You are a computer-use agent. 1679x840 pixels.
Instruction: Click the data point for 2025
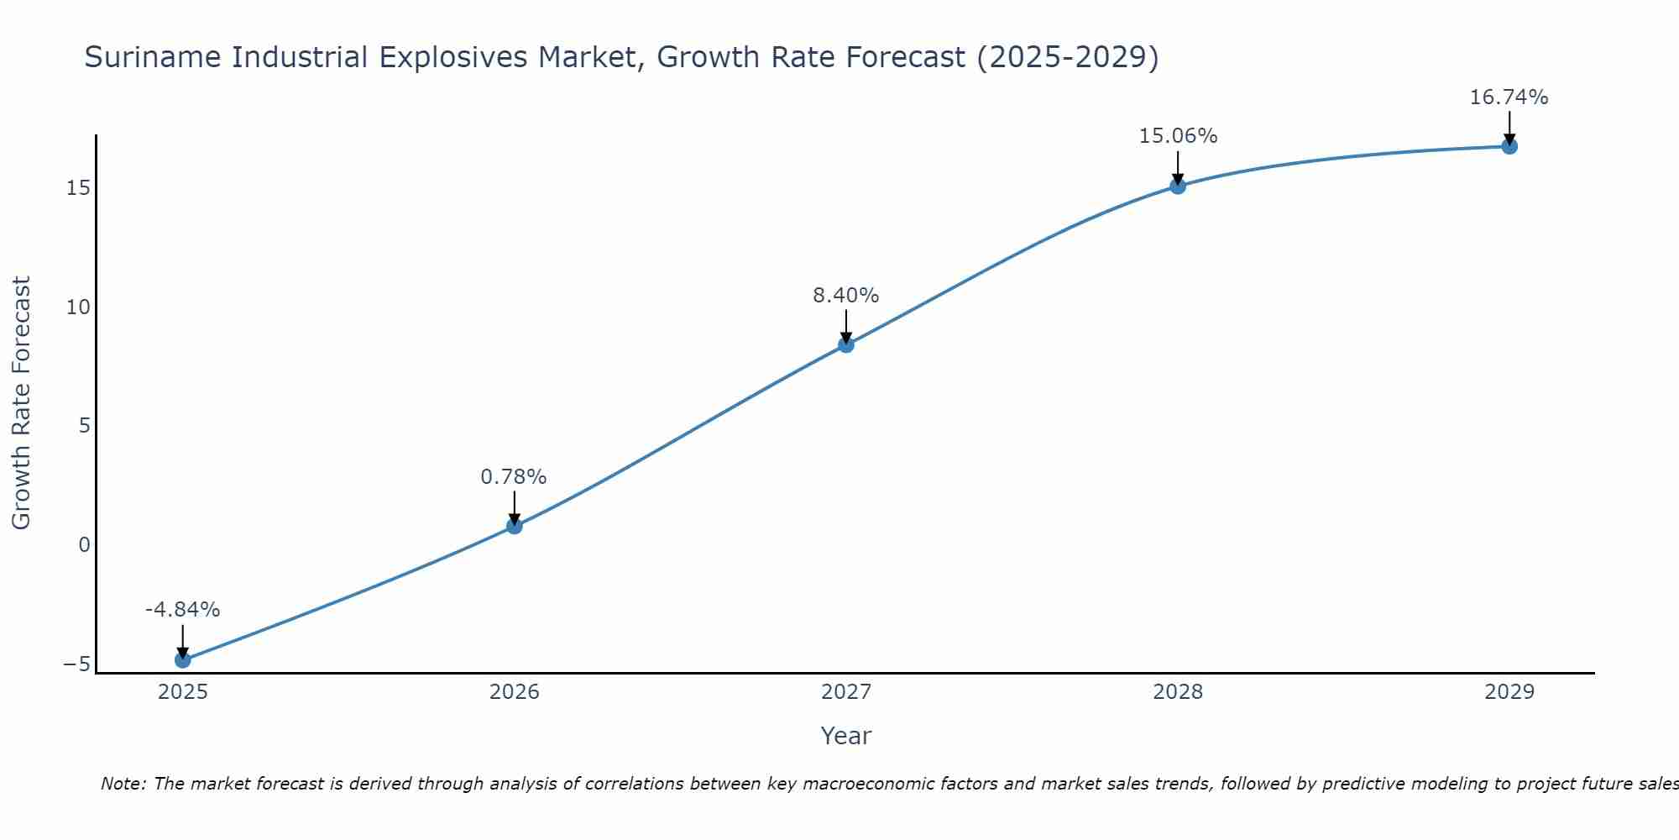tap(183, 660)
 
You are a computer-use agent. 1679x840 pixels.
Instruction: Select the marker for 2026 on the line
tap(515, 526)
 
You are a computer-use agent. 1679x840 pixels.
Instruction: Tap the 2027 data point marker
tap(846, 344)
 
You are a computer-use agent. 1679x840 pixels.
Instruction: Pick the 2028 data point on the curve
tap(1178, 186)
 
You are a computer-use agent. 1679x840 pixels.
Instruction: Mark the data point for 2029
tap(1509, 146)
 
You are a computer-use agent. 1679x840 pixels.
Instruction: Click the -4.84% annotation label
tap(182, 610)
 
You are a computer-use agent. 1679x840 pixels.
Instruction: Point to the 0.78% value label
tap(514, 477)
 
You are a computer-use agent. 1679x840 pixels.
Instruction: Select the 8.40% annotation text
tap(845, 296)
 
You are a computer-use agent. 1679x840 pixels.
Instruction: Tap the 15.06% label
tap(1178, 136)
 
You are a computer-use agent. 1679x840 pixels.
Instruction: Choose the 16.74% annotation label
tap(1509, 97)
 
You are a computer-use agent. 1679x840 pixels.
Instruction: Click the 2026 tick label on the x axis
tap(515, 692)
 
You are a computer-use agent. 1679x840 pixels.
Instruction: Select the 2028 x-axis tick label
tap(1178, 692)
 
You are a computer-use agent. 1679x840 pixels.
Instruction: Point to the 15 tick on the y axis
tap(78, 188)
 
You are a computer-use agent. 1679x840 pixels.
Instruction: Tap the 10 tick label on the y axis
tap(78, 307)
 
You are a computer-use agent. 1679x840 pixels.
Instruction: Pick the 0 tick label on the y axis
tap(84, 545)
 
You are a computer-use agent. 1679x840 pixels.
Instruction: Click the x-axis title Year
tap(845, 736)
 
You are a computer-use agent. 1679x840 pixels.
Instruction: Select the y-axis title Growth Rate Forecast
tap(22, 403)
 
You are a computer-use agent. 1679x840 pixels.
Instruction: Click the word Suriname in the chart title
tap(154, 57)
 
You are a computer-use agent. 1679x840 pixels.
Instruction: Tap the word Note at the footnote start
tap(123, 784)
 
